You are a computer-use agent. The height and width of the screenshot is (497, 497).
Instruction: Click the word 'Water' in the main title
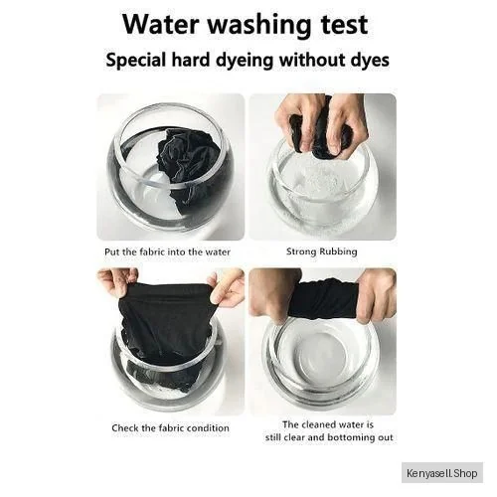[x=161, y=24]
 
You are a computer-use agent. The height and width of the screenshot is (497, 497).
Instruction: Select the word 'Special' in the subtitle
[x=135, y=61]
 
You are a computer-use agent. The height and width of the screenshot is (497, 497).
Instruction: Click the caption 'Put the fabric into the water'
[x=167, y=252]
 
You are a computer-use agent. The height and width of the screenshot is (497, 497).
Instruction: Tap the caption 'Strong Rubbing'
[x=322, y=251]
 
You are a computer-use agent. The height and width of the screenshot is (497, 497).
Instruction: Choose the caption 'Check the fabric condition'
[x=170, y=427]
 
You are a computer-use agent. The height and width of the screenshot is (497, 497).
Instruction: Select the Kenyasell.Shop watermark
[x=442, y=473]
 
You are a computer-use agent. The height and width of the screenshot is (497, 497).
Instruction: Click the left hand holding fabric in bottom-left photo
[x=116, y=280]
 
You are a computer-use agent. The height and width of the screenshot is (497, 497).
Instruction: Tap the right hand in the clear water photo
[x=376, y=295]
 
